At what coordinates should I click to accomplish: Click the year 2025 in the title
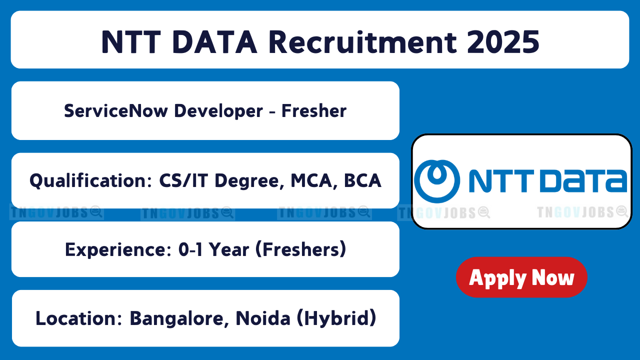503,42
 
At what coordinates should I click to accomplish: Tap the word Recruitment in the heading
363,42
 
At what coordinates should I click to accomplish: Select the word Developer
218,111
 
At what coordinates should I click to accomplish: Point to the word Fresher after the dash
314,111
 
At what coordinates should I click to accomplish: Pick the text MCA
311,181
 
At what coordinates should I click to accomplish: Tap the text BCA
362,181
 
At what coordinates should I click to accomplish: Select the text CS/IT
183,181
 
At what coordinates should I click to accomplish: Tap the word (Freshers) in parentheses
300,249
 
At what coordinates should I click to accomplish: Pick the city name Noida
263,318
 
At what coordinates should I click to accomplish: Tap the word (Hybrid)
337,318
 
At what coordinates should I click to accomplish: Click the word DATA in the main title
214,42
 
